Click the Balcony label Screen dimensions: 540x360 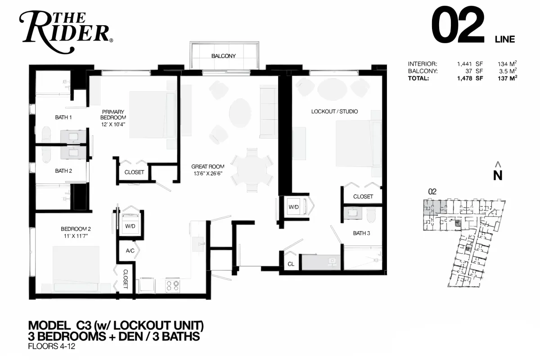[x=224, y=56]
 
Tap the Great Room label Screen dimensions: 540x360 [x=208, y=166]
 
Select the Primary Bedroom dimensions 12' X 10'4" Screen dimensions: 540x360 [x=113, y=125]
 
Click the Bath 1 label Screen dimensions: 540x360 [x=63, y=117]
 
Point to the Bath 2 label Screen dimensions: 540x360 [x=63, y=171]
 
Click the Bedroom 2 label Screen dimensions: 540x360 [x=76, y=229]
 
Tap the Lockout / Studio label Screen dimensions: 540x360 [x=334, y=112]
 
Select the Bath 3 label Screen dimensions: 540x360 [x=361, y=233]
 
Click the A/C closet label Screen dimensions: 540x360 [x=130, y=251]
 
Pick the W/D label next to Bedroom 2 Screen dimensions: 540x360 [x=130, y=226]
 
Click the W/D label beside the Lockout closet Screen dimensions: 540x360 [x=293, y=207]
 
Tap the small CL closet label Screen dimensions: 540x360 [x=291, y=264]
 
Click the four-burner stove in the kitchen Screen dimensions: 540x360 [x=173, y=286]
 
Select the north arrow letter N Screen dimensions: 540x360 [x=498, y=175]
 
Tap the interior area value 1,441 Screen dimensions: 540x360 [x=464, y=64]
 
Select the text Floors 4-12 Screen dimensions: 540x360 [x=52, y=346]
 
